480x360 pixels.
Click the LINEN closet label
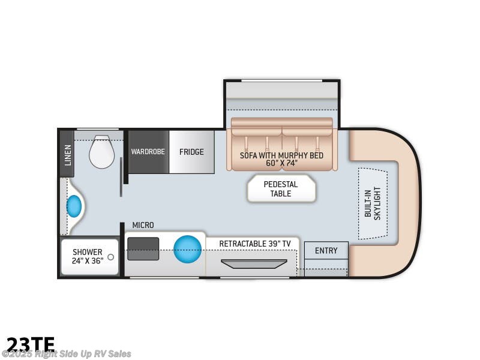pyautogui.click(x=67, y=154)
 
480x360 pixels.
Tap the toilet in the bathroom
pyautogui.click(x=101, y=152)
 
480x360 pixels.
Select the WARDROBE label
pyautogui.click(x=148, y=152)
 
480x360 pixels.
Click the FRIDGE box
pyautogui.click(x=191, y=152)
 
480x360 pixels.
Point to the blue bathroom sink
pyautogui.click(x=74, y=206)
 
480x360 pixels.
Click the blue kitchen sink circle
pyautogui.click(x=187, y=249)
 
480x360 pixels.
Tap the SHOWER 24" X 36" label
pyautogui.click(x=88, y=256)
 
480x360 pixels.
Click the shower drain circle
pyautogui.click(x=110, y=257)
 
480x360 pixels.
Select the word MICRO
pyautogui.click(x=143, y=225)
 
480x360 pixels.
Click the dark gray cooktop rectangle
pyautogui.click(x=143, y=248)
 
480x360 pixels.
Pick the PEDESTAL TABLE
pyautogui.click(x=281, y=189)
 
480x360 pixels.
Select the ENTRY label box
pyautogui.click(x=326, y=250)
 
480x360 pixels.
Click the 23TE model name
pyautogui.click(x=30, y=344)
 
